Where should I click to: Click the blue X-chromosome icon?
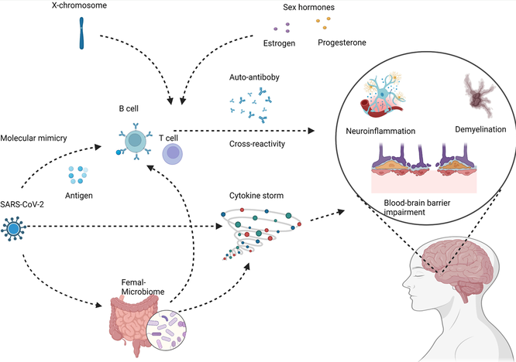click(x=81, y=33)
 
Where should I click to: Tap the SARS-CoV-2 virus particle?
click(x=13, y=229)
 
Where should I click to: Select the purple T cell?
click(x=173, y=154)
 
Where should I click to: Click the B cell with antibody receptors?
click(x=135, y=142)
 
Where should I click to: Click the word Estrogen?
click(x=279, y=43)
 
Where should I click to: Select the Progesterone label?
click(x=342, y=43)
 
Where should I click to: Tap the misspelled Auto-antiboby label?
click(x=254, y=77)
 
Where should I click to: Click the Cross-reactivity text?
click(x=257, y=144)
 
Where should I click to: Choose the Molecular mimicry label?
click(x=33, y=138)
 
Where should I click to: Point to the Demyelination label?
click(x=480, y=129)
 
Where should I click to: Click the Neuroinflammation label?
click(x=380, y=131)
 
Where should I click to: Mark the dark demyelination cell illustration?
click(x=479, y=95)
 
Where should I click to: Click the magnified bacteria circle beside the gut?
click(x=166, y=330)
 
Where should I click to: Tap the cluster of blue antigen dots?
click(x=78, y=175)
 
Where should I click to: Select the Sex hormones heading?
click(x=308, y=7)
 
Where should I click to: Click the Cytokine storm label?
click(x=256, y=196)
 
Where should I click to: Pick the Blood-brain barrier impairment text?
click(x=417, y=207)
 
